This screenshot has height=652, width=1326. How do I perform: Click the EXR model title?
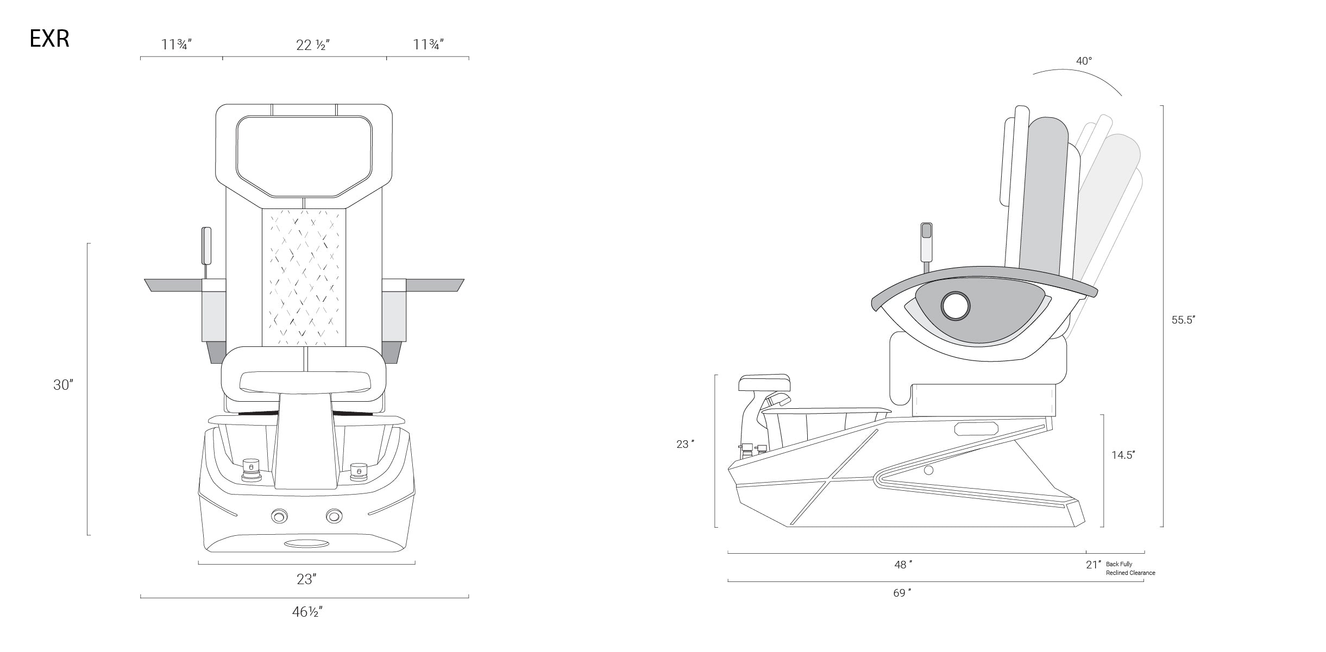click(x=49, y=40)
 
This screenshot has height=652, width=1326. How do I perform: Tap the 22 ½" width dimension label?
click(x=313, y=45)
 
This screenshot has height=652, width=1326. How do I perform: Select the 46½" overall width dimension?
click(x=307, y=612)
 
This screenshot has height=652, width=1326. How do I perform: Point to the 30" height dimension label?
click(x=63, y=385)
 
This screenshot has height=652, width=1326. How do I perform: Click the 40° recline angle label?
click(x=1084, y=61)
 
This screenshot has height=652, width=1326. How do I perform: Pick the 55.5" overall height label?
click(x=1183, y=320)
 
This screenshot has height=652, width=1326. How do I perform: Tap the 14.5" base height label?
click(x=1123, y=455)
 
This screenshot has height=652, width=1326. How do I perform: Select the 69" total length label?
click(x=902, y=593)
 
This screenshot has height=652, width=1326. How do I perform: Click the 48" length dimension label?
click(x=903, y=565)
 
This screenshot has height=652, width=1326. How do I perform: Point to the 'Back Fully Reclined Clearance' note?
click(x=1130, y=568)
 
